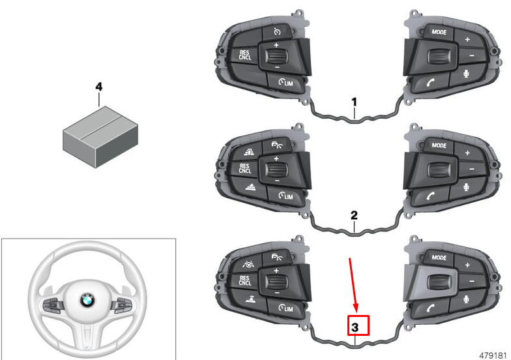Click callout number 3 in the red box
(x=357, y=325)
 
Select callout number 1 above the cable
(x=354, y=102)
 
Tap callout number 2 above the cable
(x=354, y=215)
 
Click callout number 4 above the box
(x=99, y=86)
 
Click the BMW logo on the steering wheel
(x=87, y=301)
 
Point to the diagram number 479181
(x=492, y=353)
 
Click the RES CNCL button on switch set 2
(x=244, y=169)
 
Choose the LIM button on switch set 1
(x=284, y=82)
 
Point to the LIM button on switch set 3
(x=284, y=308)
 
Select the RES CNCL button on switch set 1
(x=244, y=55)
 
